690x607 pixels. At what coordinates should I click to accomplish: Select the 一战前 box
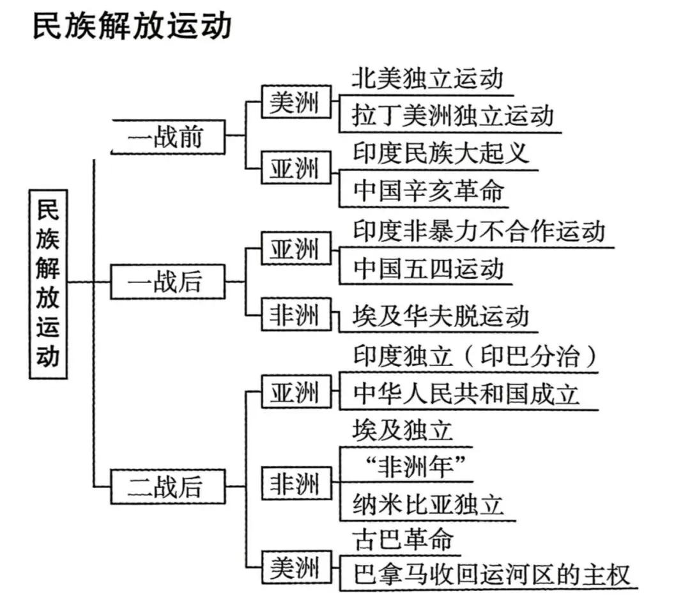tap(167, 137)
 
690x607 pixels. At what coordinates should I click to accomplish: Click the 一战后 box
tap(167, 282)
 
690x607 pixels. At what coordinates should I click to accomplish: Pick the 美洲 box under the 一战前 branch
tap(296, 102)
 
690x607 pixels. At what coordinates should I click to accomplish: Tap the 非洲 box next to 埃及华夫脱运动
tap(296, 315)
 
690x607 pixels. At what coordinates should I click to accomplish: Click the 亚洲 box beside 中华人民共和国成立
tap(296, 392)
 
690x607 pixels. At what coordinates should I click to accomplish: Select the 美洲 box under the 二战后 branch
tap(296, 567)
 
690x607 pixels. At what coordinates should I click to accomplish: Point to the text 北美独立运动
tap(427, 79)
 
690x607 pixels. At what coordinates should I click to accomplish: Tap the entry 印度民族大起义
tap(441, 153)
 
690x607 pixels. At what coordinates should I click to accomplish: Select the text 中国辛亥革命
tap(428, 190)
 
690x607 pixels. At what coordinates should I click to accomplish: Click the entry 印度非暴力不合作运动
tap(479, 231)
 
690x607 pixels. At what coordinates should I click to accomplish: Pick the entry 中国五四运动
tap(428, 268)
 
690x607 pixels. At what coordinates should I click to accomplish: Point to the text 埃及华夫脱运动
tap(441, 316)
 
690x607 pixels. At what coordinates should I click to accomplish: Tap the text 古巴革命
tap(402, 540)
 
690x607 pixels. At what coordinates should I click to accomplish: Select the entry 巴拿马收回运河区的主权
tap(491, 573)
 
